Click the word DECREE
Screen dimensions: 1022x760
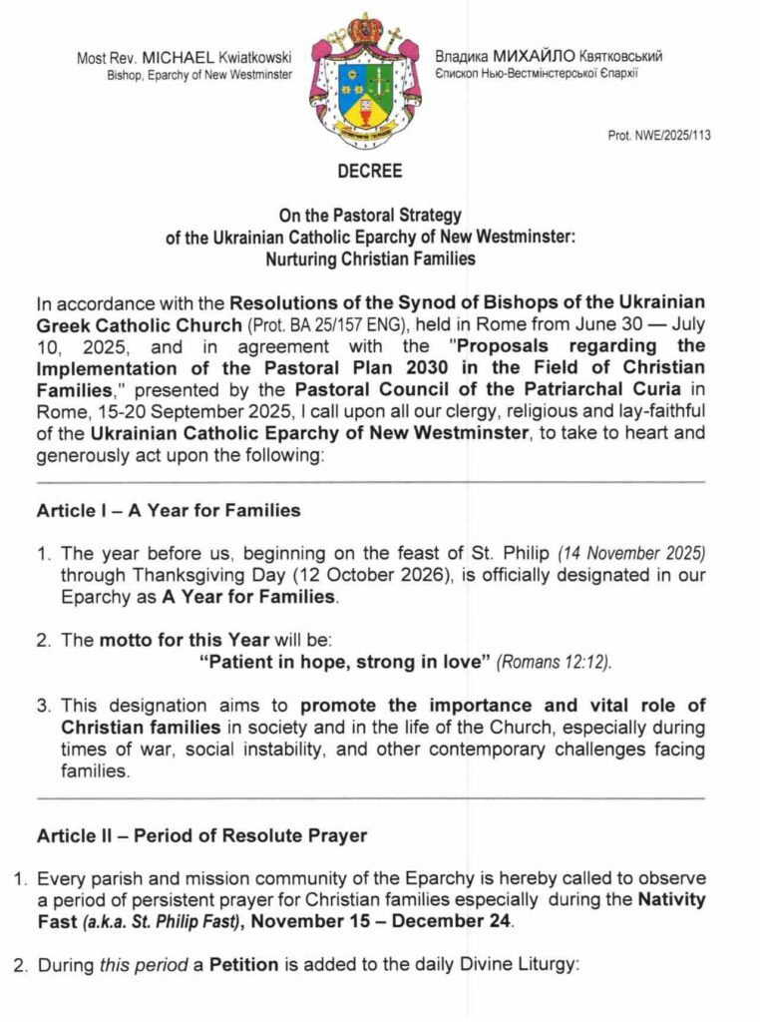[x=369, y=171]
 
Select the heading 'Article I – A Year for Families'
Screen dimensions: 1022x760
[x=169, y=511]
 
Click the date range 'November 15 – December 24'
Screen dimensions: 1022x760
[x=381, y=921]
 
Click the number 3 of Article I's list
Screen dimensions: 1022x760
[x=44, y=705]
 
